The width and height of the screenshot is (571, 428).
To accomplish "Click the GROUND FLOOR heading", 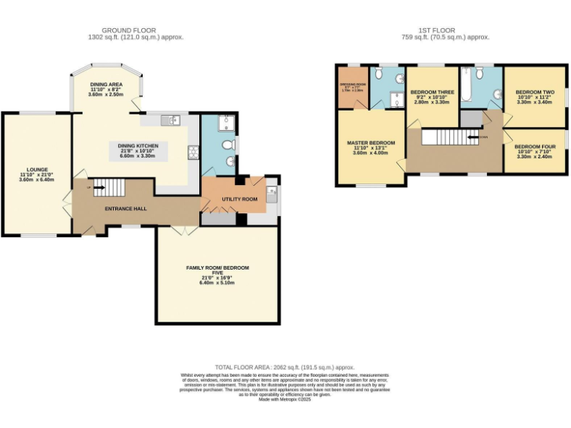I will click(x=135, y=30).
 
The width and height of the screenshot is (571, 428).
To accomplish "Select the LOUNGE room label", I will click(x=36, y=169).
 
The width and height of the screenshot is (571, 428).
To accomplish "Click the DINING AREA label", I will click(x=105, y=85).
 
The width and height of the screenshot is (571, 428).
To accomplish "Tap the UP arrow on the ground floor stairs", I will click(x=97, y=188).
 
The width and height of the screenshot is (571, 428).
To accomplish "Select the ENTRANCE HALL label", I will click(x=125, y=209).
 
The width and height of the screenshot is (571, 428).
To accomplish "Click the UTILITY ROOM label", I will click(x=239, y=200).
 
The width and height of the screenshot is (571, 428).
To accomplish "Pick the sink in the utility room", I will click(x=271, y=194).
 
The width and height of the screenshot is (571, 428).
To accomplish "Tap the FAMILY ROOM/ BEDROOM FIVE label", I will click(x=217, y=270).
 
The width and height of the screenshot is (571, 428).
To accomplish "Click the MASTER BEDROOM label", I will click(x=371, y=142).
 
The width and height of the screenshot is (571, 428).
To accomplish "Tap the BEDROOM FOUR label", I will click(x=535, y=146).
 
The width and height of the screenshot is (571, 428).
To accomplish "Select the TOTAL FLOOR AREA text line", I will click(x=285, y=367).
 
